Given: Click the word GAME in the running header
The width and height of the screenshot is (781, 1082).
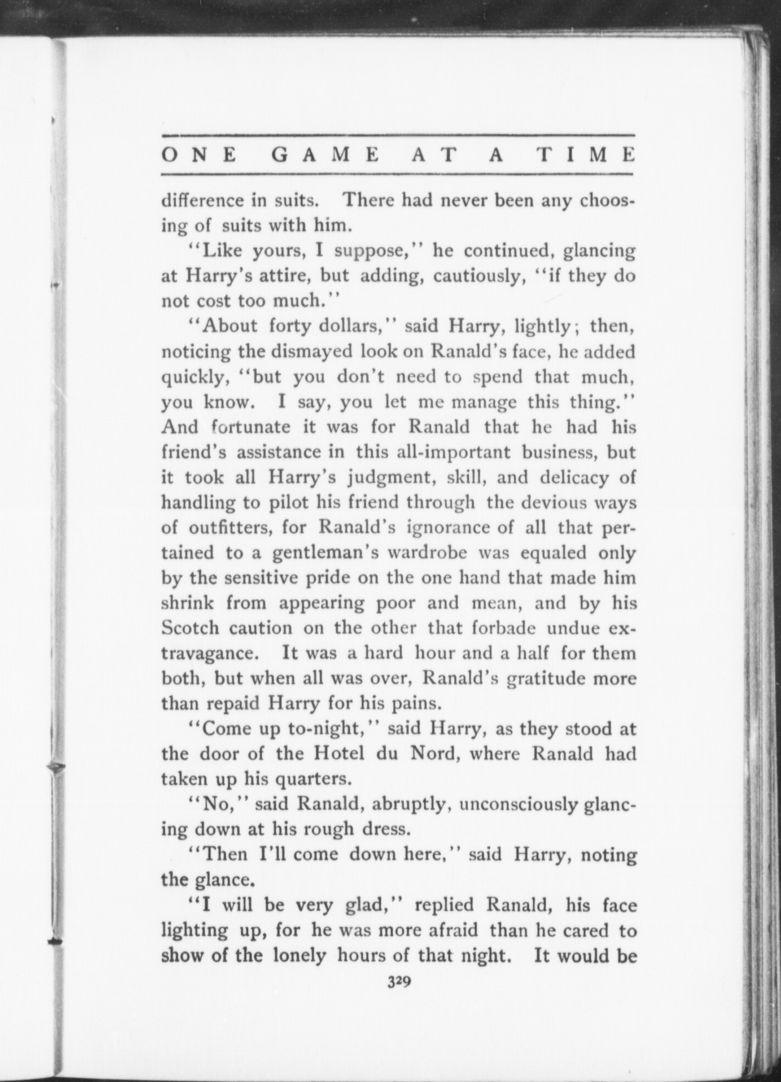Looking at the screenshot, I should click(x=326, y=155).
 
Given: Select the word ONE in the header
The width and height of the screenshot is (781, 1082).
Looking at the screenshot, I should click(x=198, y=155).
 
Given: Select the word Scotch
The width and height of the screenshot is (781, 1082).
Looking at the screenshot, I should click(x=190, y=627).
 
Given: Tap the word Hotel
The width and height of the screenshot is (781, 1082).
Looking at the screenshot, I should click(x=339, y=753).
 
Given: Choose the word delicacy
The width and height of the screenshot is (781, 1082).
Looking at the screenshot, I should click(x=572, y=477).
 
